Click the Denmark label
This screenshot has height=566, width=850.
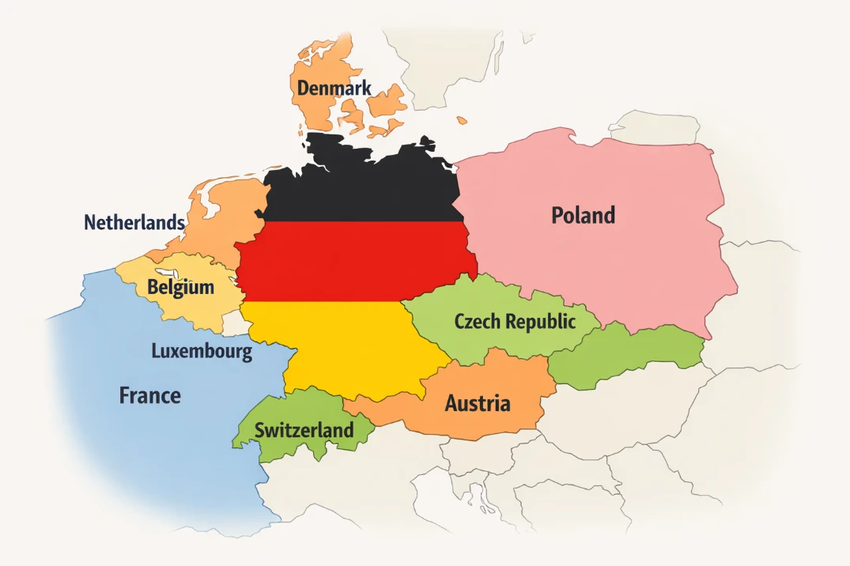pyautogui.click(x=334, y=88)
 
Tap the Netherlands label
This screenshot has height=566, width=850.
pyautogui.click(x=134, y=223)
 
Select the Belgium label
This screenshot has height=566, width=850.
pyautogui.click(x=180, y=287)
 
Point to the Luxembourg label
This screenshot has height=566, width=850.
pyautogui.click(x=202, y=351)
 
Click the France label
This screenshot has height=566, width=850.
pyautogui.click(x=149, y=395)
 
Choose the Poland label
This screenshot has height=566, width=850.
pyautogui.click(x=583, y=215)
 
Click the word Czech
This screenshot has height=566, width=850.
pyautogui.click(x=478, y=322)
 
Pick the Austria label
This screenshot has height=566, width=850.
pyautogui.click(x=477, y=404)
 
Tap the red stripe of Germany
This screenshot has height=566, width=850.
pyautogui.click(x=356, y=261)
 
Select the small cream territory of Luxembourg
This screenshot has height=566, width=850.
pyautogui.click(x=233, y=323)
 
